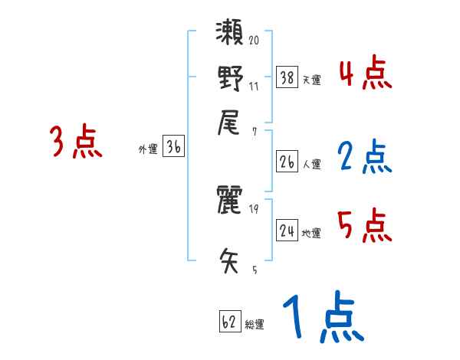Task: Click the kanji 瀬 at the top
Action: [x=230, y=34]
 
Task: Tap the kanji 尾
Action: [x=230, y=121]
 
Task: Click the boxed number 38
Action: [x=287, y=77]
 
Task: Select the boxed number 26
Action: [x=287, y=162]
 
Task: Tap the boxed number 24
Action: [x=287, y=230]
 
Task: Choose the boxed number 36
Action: [x=173, y=148]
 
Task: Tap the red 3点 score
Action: [x=76, y=142]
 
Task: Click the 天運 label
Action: [x=311, y=79]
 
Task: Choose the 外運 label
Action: [x=147, y=150]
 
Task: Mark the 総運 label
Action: [x=255, y=324]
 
